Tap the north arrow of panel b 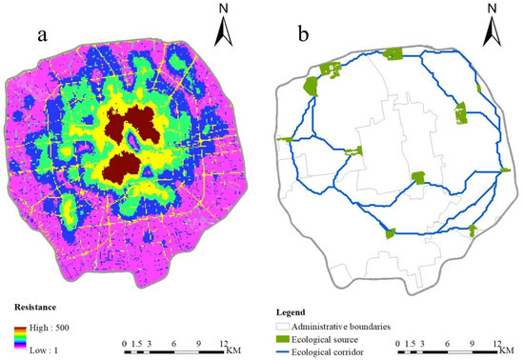pyautogui.click(x=493, y=29)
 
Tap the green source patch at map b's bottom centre pyautogui.click(x=390, y=232)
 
